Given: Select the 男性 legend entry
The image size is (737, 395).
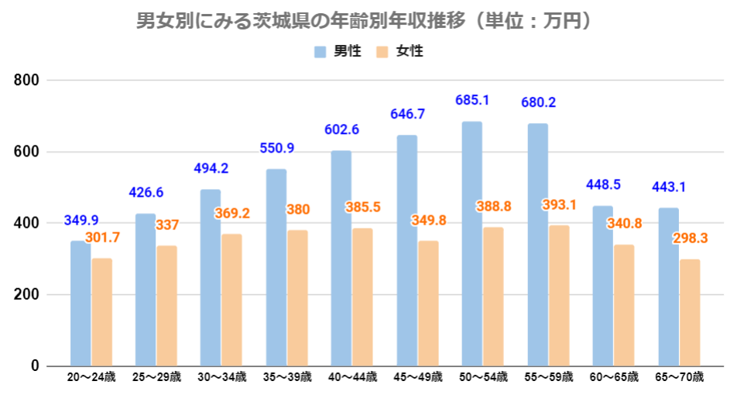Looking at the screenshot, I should pyautogui.click(x=339, y=52).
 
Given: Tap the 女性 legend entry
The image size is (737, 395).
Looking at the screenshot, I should pyautogui.click(x=402, y=52).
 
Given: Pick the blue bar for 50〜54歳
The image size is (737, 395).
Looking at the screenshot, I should pyautogui.click(x=471, y=244).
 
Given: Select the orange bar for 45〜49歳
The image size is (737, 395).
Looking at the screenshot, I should pyautogui.click(x=428, y=304).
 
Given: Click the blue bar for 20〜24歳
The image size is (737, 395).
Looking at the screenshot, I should pyautogui.click(x=81, y=304).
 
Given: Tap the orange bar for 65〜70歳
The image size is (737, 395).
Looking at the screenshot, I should pyautogui.click(x=689, y=313).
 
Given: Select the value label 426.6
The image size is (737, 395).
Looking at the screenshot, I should pyautogui.click(x=146, y=192).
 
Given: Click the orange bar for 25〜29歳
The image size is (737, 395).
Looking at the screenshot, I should pyautogui.click(x=166, y=306).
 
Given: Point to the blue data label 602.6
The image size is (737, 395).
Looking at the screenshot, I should pyautogui.click(x=341, y=129).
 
